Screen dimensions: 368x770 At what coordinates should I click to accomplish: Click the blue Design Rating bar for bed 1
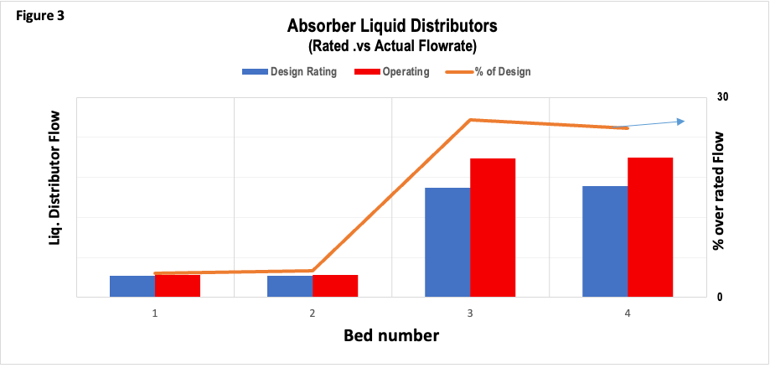[x=132, y=286]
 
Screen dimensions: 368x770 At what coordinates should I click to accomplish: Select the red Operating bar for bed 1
[x=178, y=285]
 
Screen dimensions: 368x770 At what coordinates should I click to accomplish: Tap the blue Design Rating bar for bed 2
[x=290, y=286]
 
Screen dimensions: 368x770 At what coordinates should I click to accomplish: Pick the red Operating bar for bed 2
[x=335, y=285]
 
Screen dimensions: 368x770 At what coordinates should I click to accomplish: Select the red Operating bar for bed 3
[x=493, y=227]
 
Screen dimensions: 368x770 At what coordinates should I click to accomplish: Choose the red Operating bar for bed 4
[x=650, y=226]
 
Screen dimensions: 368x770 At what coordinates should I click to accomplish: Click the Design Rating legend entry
[x=290, y=72]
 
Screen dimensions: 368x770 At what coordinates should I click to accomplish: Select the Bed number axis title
[x=390, y=336]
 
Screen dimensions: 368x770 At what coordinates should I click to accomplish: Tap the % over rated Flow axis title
[x=718, y=190]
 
